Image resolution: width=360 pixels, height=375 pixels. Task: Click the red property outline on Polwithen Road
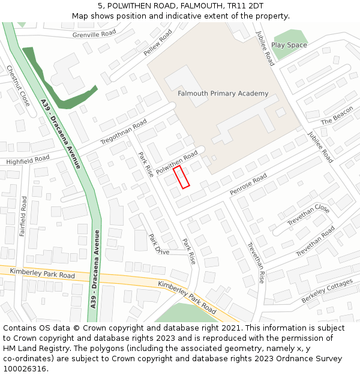(181, 178)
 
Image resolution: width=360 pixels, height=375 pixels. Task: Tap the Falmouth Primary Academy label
(223, 94)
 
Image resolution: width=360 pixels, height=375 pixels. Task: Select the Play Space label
(289, 45)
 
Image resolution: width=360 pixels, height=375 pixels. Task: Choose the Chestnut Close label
(17, 86)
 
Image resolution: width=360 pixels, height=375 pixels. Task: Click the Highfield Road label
(28, 160)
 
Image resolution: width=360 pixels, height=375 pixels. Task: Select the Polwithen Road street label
(177, 163)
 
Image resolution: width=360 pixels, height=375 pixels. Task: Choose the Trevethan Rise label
(256, 262)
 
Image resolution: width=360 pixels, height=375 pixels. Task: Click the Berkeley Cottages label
(327, 291)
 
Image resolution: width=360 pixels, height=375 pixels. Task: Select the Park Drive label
(160, 244)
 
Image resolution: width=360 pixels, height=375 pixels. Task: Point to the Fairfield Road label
(23, 215)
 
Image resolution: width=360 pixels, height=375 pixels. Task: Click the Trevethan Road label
(315, 241)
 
